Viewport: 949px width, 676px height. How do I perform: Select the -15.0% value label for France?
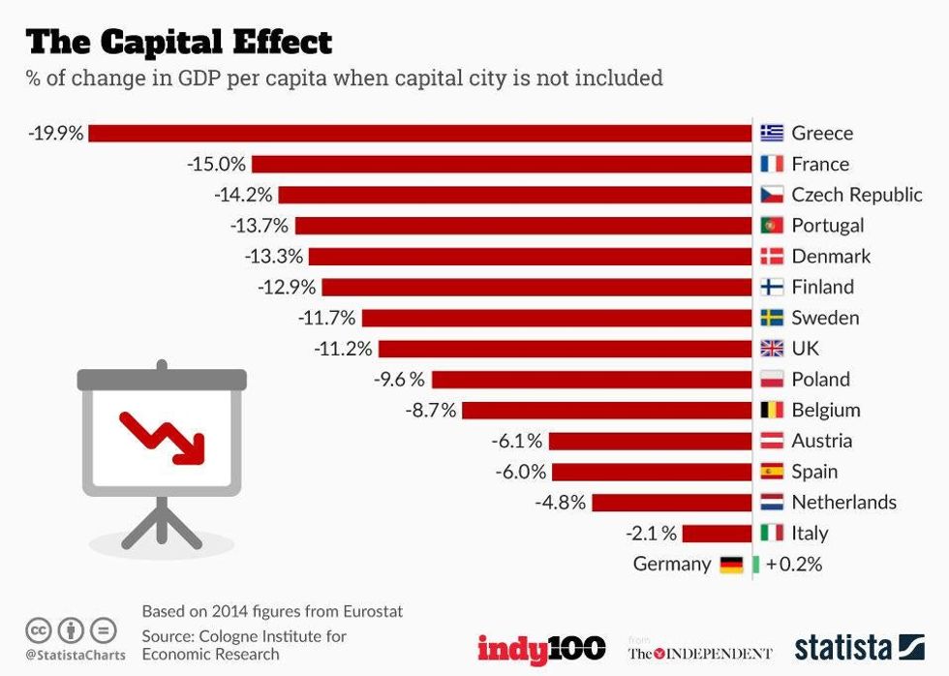[217, 164]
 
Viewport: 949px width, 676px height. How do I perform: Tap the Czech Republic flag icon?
[772, 195]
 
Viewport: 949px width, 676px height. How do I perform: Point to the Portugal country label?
[828, 226]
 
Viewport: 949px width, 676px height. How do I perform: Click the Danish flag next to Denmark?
[772, 257]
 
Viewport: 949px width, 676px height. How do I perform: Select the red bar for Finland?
[536, 287]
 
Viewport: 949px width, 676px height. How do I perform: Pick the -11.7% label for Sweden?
[327, 318]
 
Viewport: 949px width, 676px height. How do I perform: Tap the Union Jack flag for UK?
[772, 349]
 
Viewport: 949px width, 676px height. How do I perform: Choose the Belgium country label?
[826, 410]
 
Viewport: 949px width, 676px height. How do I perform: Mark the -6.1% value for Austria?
[516, 441]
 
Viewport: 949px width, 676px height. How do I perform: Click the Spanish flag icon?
[772, 472]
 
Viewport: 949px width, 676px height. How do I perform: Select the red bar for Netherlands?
[671, 503]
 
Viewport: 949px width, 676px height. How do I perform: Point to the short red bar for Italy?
[718, 533]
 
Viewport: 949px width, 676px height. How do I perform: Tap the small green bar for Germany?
[756, 564]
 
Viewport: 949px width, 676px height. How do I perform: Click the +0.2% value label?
[794, 564]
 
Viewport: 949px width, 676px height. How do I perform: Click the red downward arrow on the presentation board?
[164, 437]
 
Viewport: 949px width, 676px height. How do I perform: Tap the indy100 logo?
[541, 648]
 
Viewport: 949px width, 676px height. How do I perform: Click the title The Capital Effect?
[179, 42]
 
